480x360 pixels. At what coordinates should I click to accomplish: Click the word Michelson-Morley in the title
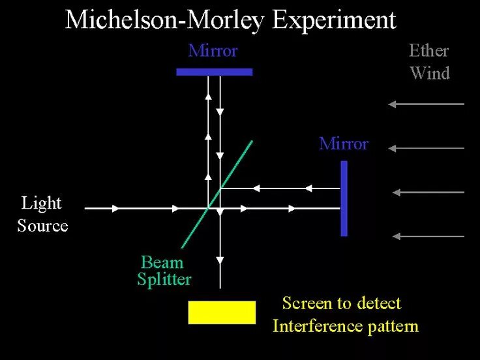pyautogui.click(x=166, y=20)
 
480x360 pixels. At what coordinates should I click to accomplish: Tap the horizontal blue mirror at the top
pyautogui.click(x=214, y=72)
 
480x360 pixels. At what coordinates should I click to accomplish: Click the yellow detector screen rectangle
pyautogui.click(x=222, y=312)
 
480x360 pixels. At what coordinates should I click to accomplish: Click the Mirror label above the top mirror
pyautogui.click(x=213, y=51)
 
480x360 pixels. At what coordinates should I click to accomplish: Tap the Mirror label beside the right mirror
pyautogui.click(x=343, y=143)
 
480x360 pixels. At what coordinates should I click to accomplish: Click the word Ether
pyautogui.click(x=428, y=51)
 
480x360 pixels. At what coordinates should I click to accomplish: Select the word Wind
pyautogui.click(x=430, y=73)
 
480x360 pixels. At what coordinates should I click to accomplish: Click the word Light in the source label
pyautogui.click(x=42, y=203)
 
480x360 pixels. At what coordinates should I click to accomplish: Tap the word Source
pyautogui.click(x=42, y=226)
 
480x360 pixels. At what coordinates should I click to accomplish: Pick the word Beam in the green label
pyautogui.click(x=162, y=262)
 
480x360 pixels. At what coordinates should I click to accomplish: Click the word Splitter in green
pyautogui.click(x=164, y=280)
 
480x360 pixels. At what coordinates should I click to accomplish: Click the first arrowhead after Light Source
pyautogui.click(x=115, y=208)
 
